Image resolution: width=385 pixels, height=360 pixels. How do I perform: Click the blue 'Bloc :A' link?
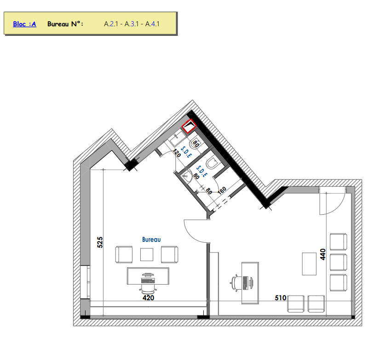pyautogui.click(x=24, y=24)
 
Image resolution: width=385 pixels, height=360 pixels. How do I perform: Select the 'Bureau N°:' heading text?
pyautogui.click(x=65, y=24)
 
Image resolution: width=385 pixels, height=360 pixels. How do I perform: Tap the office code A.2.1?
pyautogui.click(x=111, y=24)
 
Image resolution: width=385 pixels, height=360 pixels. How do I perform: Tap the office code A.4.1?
pyautogui.click(x=152, y=24)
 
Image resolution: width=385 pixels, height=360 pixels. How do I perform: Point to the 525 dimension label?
pyautogui.click(x=100, y=242)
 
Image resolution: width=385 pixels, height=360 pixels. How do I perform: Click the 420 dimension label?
pyautogui.click(x=148, y=297)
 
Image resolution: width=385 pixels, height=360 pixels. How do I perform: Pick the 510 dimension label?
pyautogui.click(x=281, y=297)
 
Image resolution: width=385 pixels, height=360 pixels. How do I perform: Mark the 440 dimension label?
pyautogui.click(x=322, y=254)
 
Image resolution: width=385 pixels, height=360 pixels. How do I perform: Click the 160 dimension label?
pyautogui.click(x=222, y=190)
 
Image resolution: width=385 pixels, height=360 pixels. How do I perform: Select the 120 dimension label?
pyautogui.click(x=177, y=153)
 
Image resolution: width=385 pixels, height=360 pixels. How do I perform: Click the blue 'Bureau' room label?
pyautogui.click(x=151, y=240)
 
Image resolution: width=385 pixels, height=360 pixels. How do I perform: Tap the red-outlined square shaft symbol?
pyautogui.click(x=189, y=126)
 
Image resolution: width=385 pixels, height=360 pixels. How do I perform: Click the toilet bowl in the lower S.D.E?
pyautogui.click(x=212, y=163)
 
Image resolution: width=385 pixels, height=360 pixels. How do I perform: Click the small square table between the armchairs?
pyautogui.click(x=147, y=254)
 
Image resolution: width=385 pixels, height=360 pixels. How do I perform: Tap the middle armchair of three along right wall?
pyautogui.click(x=339, y=263)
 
